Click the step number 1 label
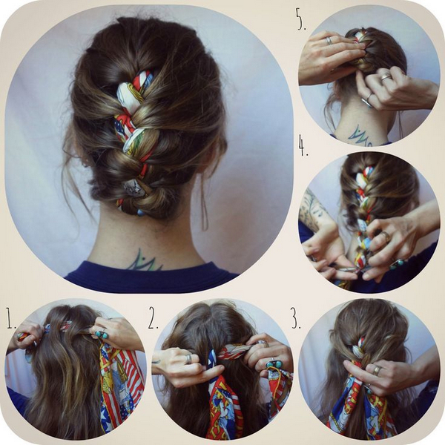coord(11,321)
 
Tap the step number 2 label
coord(153,321)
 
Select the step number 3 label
coord(296,321)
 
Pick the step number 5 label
coord(301,19)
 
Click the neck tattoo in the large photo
coord(144,260)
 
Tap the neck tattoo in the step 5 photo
coord(360,136)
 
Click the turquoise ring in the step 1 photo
coord(102,334)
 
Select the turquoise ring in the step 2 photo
coord(273,364)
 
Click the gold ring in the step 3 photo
coord(377,370)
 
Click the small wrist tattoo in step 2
coord(156,362)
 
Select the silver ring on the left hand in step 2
coord(189,359)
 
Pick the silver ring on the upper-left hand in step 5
coord(329,41)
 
